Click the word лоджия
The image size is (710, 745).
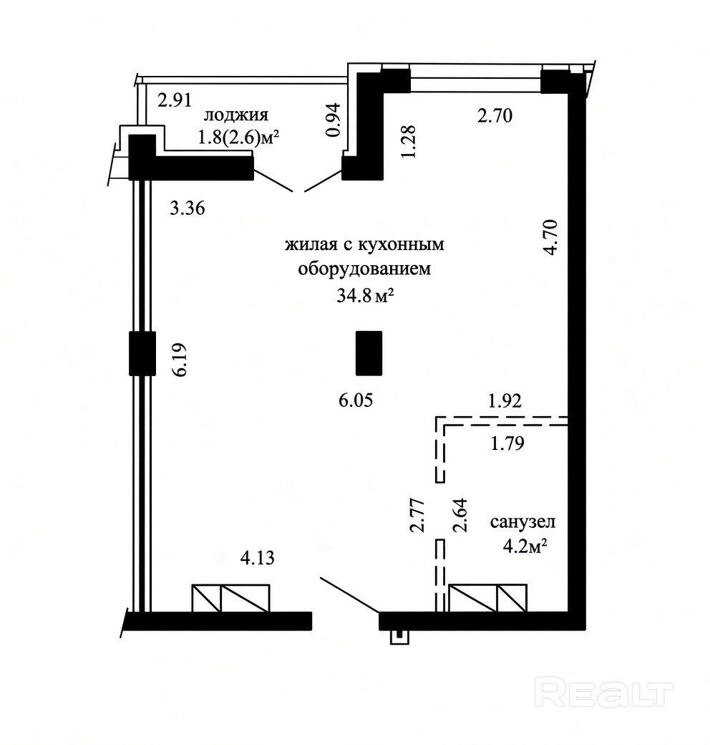[x=236, y=115]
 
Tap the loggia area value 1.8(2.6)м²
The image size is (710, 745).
[x=238, y=138]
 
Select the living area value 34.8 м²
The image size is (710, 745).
[x=366, y=296]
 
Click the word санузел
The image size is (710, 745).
[x=522, y=521]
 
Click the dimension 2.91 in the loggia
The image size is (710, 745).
[x=174, y=101]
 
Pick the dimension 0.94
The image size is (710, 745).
[x=334, y=120]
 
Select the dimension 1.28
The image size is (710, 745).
[x=408, y=142]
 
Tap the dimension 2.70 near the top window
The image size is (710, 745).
[x=495, y=116]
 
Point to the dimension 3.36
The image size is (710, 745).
[x=188, y=208]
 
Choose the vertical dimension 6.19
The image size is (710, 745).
[x=180, y=360]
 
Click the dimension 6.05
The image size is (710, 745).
[x=356, y=400]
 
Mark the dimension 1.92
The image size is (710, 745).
[x=505, y=401]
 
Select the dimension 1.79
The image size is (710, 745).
[x=507, y=443]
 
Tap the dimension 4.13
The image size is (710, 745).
[x=257, y=557]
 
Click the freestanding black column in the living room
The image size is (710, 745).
[x=369, y=353]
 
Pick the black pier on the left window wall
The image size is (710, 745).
[x=142, y=353]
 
